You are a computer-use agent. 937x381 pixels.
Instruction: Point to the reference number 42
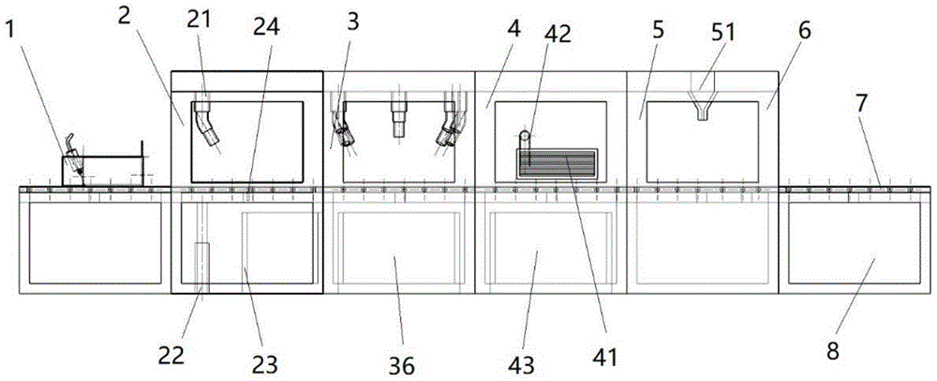[557, 34]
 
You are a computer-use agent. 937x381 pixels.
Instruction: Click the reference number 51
[723, 34]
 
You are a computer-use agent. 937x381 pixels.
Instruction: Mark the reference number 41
[604, 357]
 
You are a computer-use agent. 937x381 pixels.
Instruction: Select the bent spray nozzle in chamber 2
[207, 124]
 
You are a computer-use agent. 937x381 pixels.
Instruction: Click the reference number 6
[805, 32]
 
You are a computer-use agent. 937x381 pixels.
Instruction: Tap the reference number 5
[659, 32]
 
